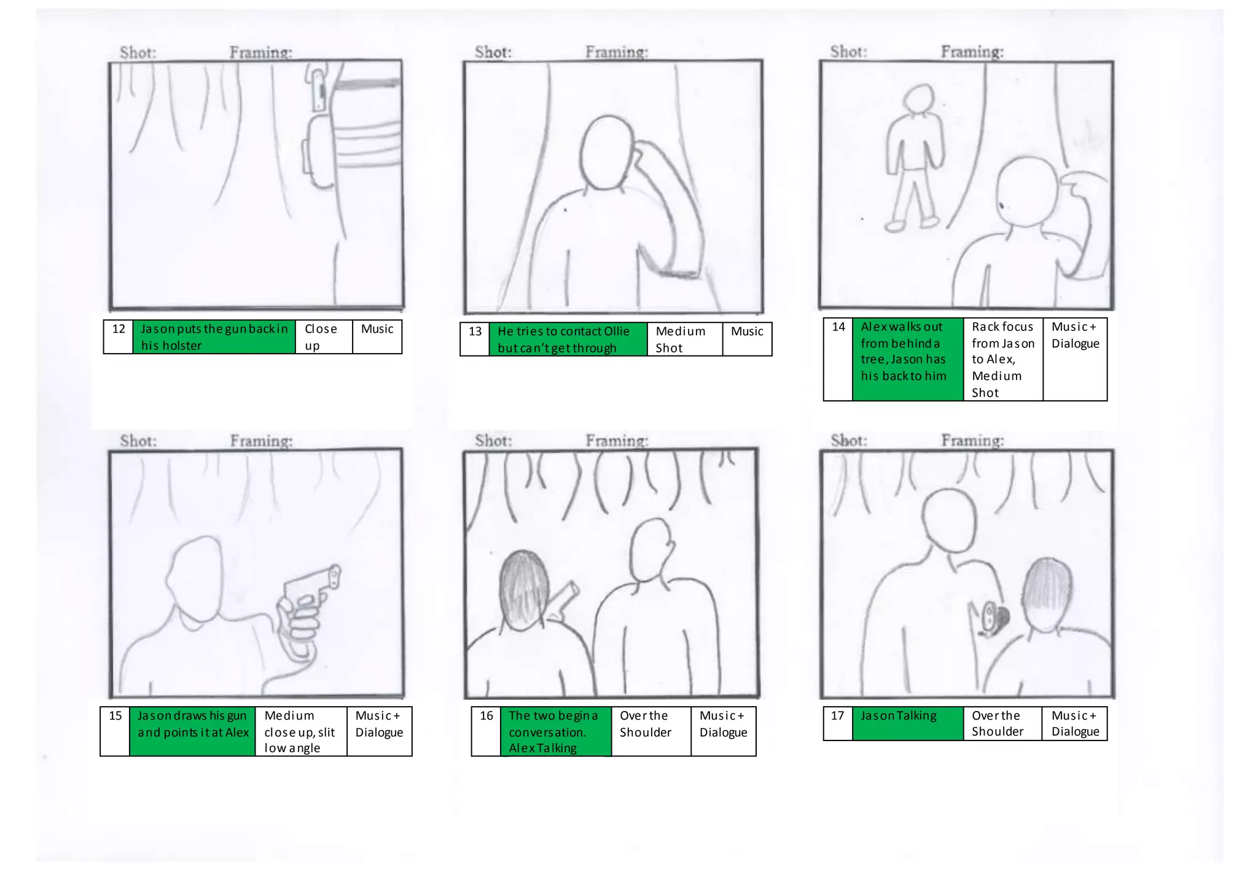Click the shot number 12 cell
click(118, 336)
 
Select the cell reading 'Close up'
click(323, 336)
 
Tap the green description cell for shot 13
click(568, 339)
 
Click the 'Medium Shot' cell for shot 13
click(684, 339)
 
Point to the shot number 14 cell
click(838, 359)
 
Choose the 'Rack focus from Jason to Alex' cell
click(1002, 359)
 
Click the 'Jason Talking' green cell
click(907, 723)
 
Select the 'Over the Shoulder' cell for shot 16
click(650, 731)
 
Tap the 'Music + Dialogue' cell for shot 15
click(379, 731)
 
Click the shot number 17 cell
click(837, 723)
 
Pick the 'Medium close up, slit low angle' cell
click(300, 731)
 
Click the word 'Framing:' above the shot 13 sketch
click(616, 52)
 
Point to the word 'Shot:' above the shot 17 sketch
click(848, 440)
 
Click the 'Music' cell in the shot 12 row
click(377, 336)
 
